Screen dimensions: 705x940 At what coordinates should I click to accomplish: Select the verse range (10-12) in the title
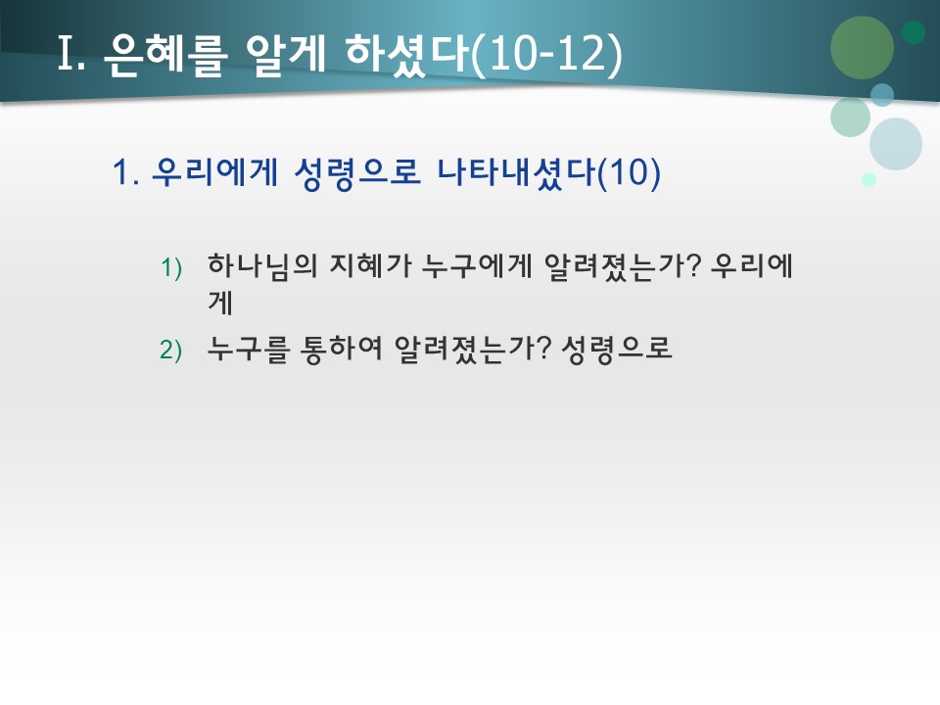546,56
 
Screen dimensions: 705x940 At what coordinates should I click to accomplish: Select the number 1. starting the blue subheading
127,173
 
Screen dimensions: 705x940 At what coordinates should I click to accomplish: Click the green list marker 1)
172,267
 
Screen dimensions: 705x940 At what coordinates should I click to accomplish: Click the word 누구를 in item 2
249,350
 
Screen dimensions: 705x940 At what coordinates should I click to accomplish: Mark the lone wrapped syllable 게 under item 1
219,303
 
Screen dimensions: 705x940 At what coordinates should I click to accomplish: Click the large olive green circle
862,47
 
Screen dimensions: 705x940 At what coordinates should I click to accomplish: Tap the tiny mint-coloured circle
869,179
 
